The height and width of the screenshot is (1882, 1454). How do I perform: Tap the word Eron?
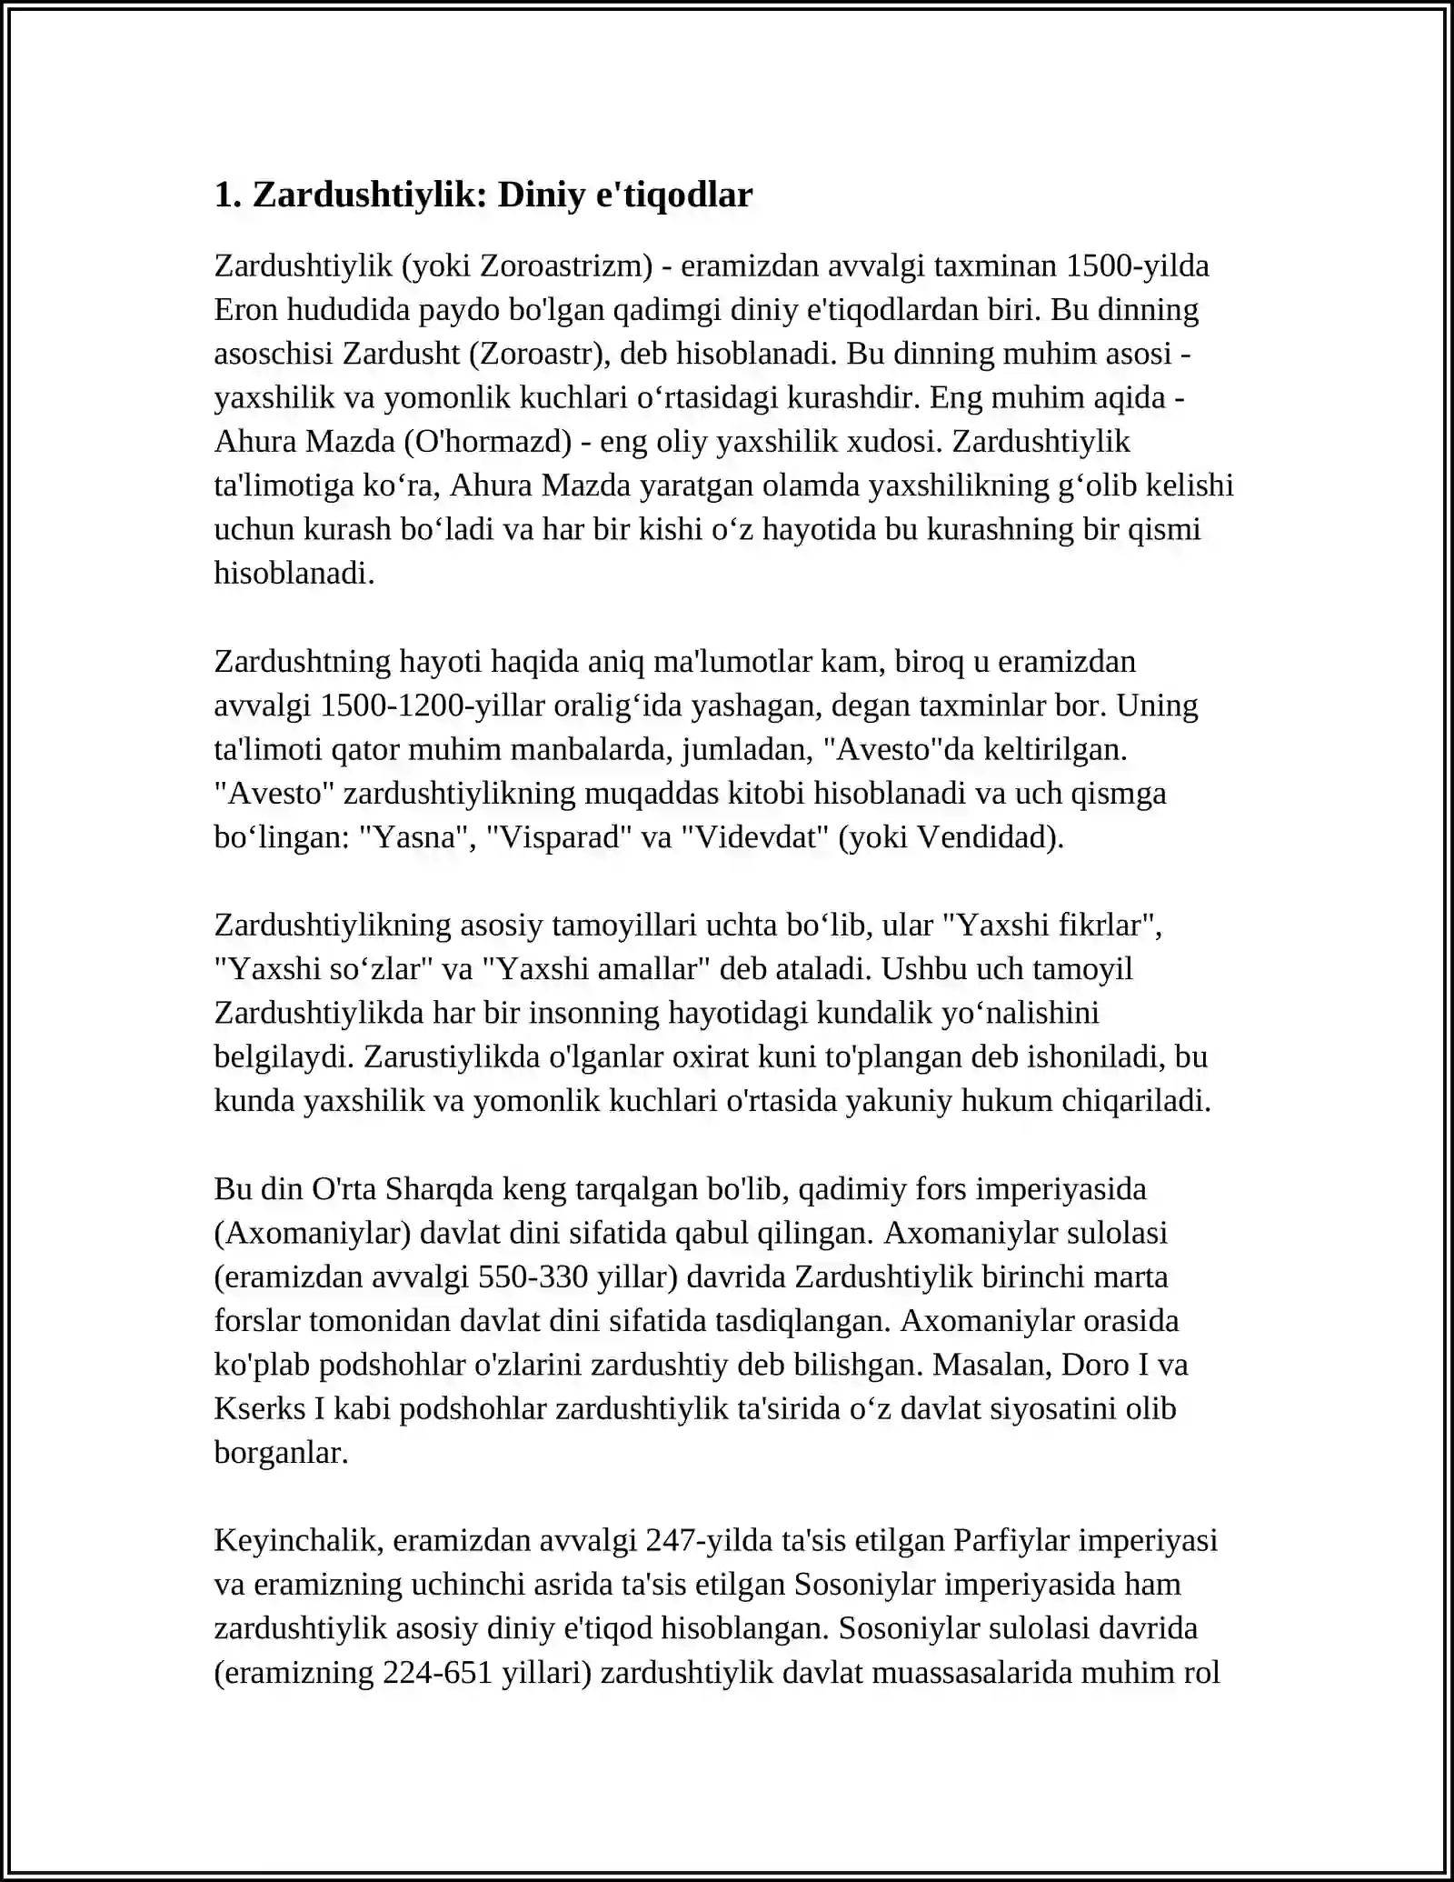point(246,310)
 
